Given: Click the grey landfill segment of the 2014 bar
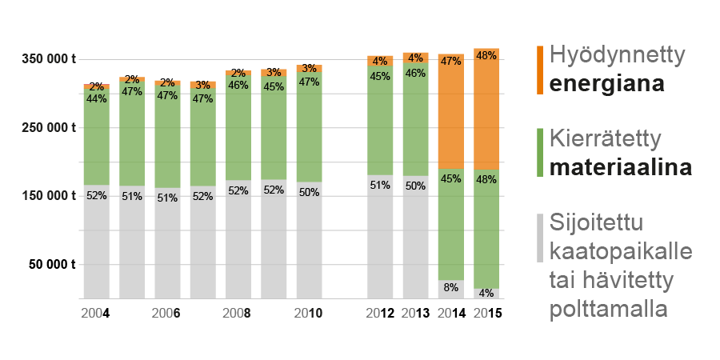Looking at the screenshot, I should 451,289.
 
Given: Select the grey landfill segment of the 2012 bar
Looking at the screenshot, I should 380,240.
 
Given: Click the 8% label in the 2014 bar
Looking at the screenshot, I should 451,287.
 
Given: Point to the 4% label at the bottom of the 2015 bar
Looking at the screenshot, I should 486,294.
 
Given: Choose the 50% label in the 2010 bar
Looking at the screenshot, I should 309,192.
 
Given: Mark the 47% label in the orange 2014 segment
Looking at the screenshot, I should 451,61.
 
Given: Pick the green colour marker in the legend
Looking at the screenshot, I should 541,152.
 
